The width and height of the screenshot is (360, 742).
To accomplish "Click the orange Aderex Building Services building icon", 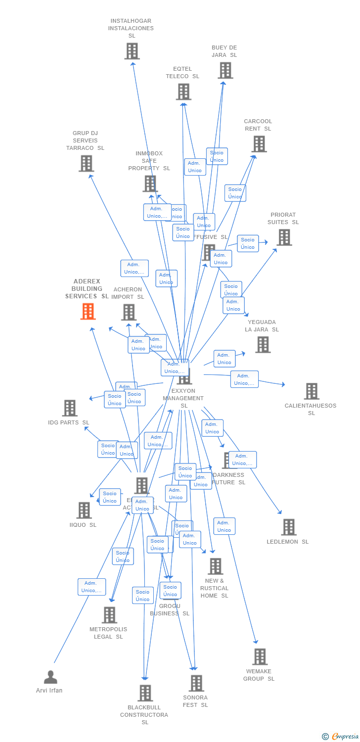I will (88, 312).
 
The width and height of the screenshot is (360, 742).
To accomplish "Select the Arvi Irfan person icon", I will (50, 677).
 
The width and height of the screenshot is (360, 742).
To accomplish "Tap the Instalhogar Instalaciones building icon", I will (132, 51).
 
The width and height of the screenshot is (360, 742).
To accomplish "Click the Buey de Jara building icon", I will (225, 70).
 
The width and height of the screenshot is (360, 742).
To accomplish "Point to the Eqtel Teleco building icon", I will (183, 92).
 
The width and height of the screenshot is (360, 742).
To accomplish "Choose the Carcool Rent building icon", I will (259, 144).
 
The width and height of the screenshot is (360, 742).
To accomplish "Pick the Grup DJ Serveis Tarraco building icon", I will (86, 163).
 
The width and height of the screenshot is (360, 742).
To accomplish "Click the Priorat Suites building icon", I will (284, 237).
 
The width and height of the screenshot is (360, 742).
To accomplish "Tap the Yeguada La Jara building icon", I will (263, 345).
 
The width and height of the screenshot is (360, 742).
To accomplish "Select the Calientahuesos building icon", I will (312, 391).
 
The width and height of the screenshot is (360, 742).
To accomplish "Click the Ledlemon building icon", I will (289, 527).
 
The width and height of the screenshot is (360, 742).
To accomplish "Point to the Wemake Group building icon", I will (260, 657).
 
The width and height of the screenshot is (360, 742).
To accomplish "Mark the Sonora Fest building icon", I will (196, 683).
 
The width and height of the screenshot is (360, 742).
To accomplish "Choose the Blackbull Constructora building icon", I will (145, 693).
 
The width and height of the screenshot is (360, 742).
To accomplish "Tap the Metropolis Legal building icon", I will (109, 615).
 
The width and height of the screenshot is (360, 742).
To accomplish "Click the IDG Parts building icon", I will (70, 408).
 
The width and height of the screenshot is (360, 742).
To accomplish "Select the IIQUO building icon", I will (84, 510).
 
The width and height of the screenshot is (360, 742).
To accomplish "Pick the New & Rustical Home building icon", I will (216, 566).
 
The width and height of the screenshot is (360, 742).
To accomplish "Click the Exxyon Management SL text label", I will (183, 398).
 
